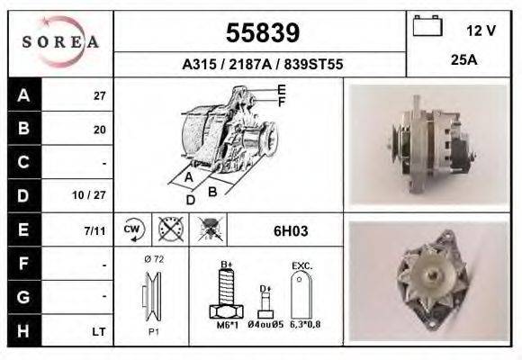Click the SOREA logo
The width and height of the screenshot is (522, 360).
click(60, 42)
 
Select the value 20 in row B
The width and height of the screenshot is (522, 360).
click(99, 130)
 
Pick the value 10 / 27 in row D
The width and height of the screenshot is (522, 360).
click(94, 194)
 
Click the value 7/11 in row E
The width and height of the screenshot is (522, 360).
click(94, 230)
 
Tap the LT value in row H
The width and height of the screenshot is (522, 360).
click(99, 332)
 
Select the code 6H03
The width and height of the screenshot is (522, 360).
click(290, 231)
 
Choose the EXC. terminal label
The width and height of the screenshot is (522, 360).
click(301, 265)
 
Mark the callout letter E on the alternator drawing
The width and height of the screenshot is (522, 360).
click(282, 88)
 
